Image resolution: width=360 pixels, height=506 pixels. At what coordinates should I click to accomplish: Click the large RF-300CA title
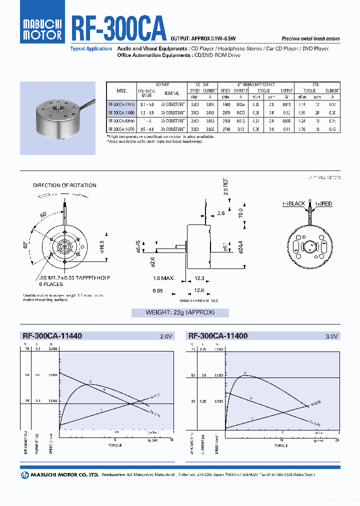coord(118,30)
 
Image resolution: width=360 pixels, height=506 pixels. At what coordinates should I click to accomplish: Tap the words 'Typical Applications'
coord(91,49)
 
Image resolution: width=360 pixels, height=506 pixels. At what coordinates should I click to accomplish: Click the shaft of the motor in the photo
coord(60,105)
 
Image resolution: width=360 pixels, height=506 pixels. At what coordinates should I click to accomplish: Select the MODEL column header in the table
coord(121,91)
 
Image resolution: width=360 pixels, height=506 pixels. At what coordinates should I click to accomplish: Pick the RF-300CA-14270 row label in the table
coord(121,128)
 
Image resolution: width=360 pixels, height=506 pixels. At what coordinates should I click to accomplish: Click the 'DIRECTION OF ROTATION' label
coord(64,185)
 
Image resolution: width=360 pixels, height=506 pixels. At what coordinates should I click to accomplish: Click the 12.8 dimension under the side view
coord(199,290)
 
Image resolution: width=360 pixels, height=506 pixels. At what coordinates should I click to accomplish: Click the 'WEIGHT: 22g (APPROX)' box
coord(180,312)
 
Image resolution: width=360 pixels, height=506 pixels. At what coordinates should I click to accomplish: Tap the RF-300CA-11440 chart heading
coord(52,336)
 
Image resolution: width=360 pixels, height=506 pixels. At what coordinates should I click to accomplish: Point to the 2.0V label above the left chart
coord(165,337)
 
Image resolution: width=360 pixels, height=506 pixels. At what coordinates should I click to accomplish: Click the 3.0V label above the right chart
coord(332,337)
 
